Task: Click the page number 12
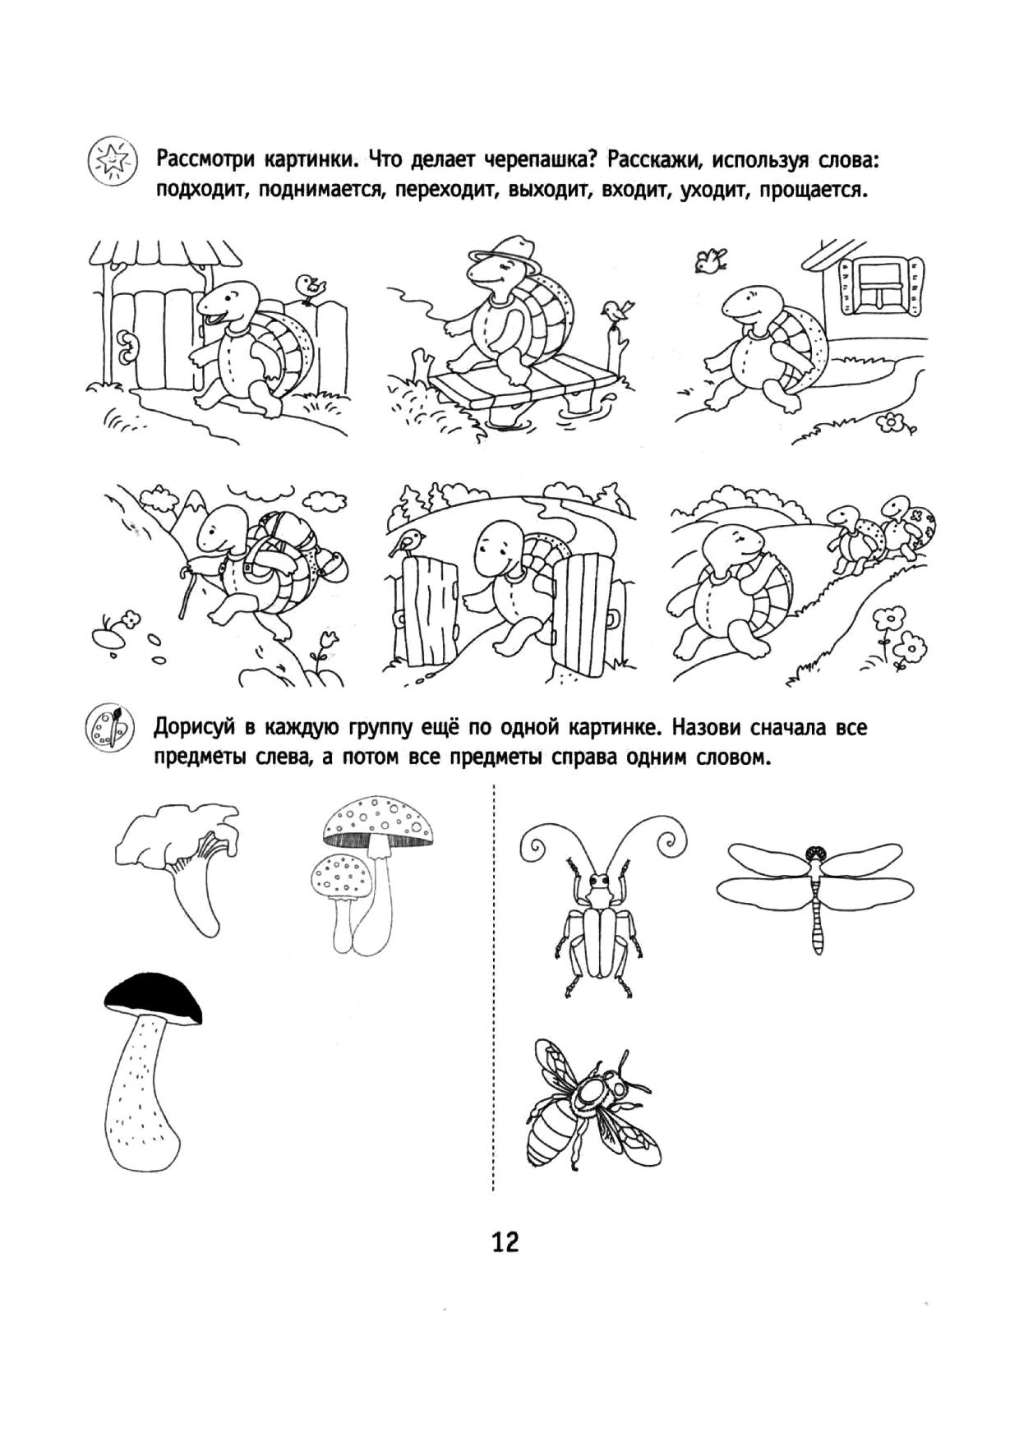point(505,1241)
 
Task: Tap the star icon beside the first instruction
point(110,158)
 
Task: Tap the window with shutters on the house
point(877,283)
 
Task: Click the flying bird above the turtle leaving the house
point(709,260)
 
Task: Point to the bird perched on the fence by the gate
point(311,288)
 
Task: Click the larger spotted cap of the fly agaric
point(377,822)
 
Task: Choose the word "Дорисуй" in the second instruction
point(196,729)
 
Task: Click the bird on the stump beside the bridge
point(617,311)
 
